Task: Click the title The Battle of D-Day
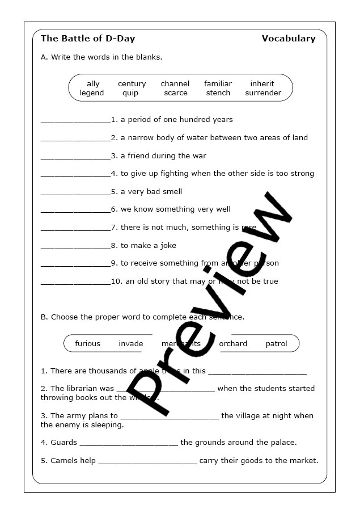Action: click(x=88, y=39)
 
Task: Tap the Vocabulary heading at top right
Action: click(x=288, y=39)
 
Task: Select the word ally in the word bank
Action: click(x=93, y=84)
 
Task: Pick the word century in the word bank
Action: click(x=132, y=84)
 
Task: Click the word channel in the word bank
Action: click(x=175, y=84)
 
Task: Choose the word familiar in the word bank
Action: click(x=218, y=84)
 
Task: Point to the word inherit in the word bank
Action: click(x=262, y=84)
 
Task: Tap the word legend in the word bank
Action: click(x=92, y=93)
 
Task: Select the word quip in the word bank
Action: click(x=130, y=93)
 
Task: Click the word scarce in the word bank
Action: click(x=176, y=93)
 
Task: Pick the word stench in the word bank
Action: click(x=218, y=93)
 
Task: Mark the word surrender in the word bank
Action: click(x=263, y=93)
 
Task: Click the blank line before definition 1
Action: click(x=75, y=121)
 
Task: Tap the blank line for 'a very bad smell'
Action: click(x=75, y=193)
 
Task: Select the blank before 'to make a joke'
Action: click(x=75, y=247)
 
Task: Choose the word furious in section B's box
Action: click(x=87, y=344)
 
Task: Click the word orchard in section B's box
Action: click(x=233, y=344)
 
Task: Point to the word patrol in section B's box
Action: click(x=276, y=344)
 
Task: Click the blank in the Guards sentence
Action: click(x=129, y=444)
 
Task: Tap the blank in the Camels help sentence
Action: click(x=147, y=462)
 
